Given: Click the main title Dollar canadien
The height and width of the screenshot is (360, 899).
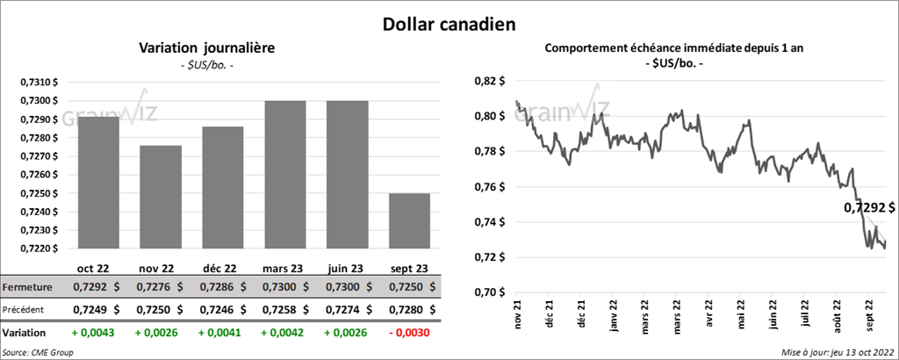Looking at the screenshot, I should pyautogui.click(x=449, y=24).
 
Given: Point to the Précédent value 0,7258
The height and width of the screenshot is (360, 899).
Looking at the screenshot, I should pyautogui.click(x=275, y=310).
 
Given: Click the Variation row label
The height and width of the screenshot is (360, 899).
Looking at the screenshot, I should pyautogui.click(x=25, y=334).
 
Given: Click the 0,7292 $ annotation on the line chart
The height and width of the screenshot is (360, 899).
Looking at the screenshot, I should pyautogui.click(x=869, y=209).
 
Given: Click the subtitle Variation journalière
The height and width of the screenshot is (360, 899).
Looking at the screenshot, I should pyautogui.click(x=207, y=48).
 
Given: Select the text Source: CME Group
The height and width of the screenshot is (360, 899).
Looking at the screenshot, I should pyautogui.click(x=38, y=352).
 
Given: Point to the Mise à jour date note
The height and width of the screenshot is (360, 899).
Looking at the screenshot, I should pyautogui.click(x=838, y=352).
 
